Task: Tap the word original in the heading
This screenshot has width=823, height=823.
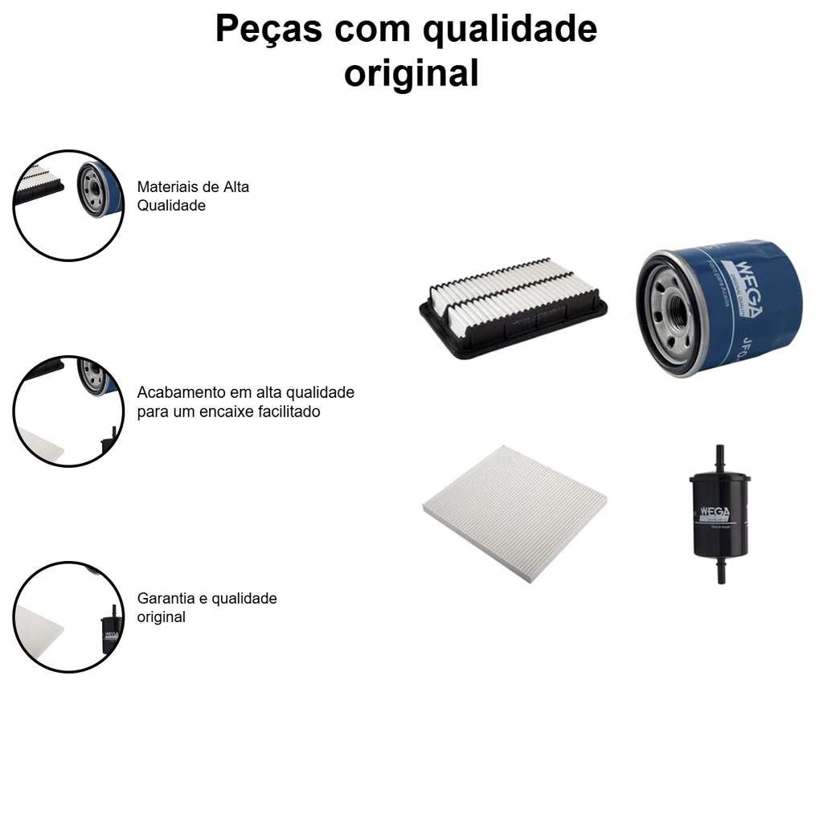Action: [x=411, y=72]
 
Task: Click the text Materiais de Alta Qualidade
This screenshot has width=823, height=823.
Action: [x=193, y=196]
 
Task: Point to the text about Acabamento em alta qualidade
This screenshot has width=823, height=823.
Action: [x=245, y=402]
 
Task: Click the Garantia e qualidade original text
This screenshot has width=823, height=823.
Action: [x=207, y=608]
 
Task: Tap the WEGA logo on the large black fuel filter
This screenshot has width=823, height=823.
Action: [x=718, y=512]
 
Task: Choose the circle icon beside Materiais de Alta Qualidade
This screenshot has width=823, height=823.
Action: [x=68, y=206]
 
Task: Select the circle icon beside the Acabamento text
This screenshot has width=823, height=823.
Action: [x=68, y=411]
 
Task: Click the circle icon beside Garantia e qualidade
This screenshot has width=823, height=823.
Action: [x=68, y=617]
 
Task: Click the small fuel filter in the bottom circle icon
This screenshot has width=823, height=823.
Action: [x=110, y=630]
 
